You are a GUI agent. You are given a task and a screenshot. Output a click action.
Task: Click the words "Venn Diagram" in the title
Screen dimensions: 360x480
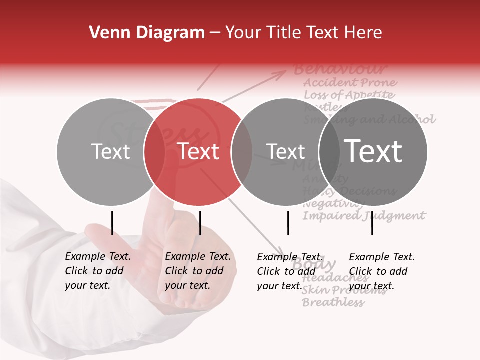(147, 33)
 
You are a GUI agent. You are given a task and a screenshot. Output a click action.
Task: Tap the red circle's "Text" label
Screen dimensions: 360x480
(198, 151)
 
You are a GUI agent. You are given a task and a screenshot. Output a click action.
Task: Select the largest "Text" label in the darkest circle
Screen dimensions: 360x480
(373, 151)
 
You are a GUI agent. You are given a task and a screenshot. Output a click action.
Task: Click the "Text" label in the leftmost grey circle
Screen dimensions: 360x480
(111, 151)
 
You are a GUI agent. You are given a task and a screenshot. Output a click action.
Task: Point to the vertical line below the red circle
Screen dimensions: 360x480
(200, 223)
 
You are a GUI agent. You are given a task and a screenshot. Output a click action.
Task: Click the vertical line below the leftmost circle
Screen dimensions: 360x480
(112, 223)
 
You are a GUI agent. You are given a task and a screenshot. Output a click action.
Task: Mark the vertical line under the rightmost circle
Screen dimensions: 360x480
(372, 223)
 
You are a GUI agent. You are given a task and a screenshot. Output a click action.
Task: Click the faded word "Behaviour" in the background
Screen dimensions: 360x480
(340, 69)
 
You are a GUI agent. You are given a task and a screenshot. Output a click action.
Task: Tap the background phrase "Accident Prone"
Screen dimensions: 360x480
(350, 82)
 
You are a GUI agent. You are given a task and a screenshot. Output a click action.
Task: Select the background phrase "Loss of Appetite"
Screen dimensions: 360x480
(349, 95)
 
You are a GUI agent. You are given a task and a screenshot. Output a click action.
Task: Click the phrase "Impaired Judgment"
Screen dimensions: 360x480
(364, 216)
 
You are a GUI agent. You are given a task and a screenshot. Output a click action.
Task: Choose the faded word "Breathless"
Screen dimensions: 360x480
(333, 302)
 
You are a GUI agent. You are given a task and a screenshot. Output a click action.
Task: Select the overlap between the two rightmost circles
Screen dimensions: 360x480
(329, 152)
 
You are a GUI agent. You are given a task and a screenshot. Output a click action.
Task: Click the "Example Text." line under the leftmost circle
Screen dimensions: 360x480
(98, 257)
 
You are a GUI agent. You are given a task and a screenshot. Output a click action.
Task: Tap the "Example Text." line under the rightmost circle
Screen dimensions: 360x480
(382, 257)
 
